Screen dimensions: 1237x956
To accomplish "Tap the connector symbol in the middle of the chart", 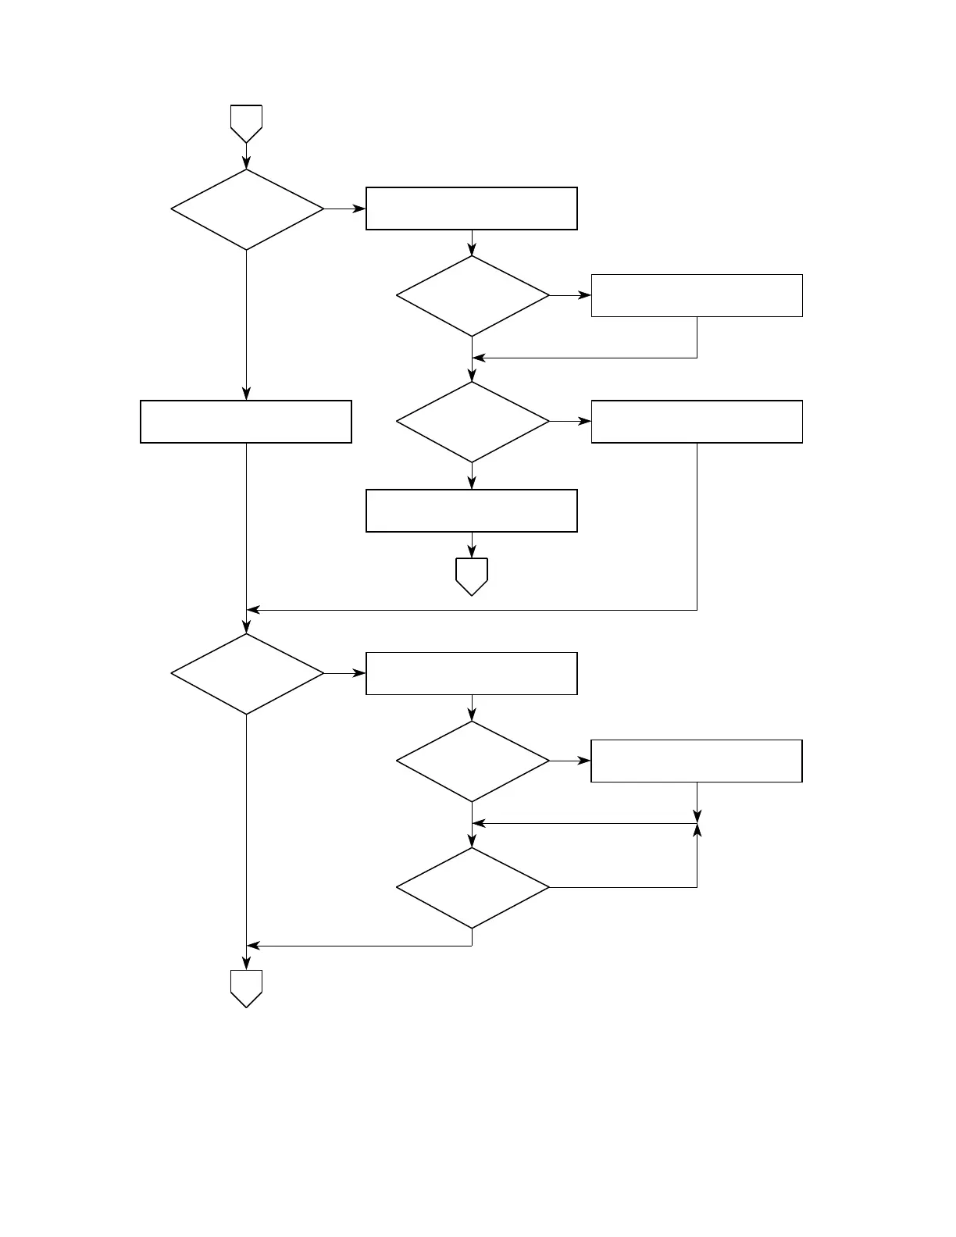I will (x=472, y=576).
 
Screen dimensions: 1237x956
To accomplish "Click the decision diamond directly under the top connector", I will (x=247, y=209).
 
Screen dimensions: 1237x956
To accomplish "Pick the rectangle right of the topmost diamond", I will (x=472, y=209).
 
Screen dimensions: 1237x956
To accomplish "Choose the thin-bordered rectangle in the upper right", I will (x=697, y=295).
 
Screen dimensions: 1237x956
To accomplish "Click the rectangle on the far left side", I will (x=246, y=422).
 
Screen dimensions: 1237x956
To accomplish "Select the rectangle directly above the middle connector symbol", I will (x=472, y=511).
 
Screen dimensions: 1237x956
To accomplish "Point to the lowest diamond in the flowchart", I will (x=473, y=888).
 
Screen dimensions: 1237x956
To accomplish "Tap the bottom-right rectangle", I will (x=697, y=761).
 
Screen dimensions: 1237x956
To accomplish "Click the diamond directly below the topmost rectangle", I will (x=473, y=296).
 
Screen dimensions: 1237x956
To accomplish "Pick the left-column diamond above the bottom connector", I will (x=247, y=673).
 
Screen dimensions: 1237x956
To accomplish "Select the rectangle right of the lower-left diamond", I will (x=472, y=673).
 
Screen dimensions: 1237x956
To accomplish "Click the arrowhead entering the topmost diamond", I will (x=247, y=164).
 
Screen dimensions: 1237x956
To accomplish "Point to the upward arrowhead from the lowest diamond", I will (x=697, y=830).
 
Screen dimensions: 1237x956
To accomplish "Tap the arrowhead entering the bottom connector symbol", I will (x=247, y=964).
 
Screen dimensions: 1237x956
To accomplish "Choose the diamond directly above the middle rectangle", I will (x=473, y=422).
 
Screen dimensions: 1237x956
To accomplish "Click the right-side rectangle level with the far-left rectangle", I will (x=697, y=422).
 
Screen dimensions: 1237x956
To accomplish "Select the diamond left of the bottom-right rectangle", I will (x=473, y=761).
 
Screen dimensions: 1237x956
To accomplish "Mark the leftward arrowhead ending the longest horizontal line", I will (x=252, y=610).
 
